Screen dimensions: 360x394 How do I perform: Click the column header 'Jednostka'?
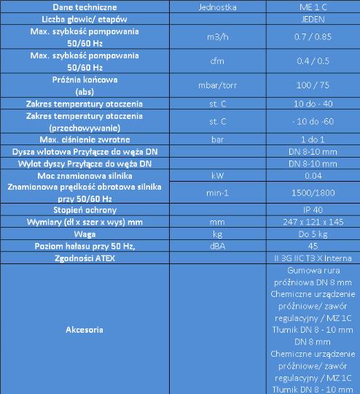(x=217, y=7)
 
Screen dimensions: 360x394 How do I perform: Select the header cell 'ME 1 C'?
(x=312, y=7)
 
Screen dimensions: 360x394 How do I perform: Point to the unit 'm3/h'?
(x=217, y=36)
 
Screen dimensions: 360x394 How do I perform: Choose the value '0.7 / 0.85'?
(x=312, y=36)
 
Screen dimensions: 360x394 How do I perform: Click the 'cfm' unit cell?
(x=217, y=61)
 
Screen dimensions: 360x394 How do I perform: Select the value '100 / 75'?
(x=312, y=85)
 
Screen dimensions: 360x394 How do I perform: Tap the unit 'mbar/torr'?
(x=217, y=85)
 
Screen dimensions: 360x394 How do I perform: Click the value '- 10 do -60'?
(x=312, y=120)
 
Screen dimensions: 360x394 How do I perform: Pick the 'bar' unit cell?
(x=217, y=138)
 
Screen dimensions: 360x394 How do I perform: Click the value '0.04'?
(x=312, y=175)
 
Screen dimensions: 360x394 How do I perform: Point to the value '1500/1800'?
(x=312, y=193)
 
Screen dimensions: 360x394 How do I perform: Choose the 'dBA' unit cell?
(x=217, y=247)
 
